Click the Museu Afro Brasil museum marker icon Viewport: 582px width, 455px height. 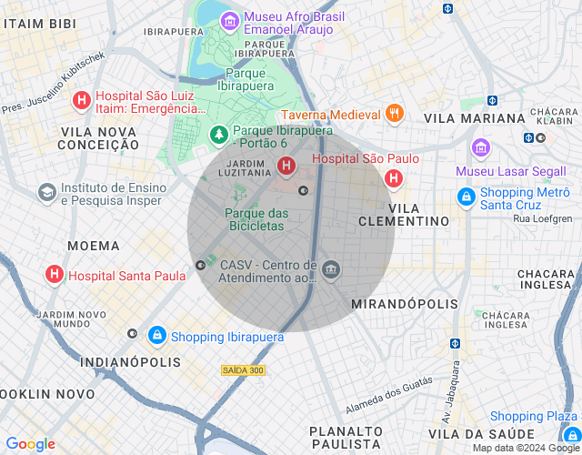[x=229, y=19]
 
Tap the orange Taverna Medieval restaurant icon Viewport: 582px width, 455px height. [x=394, y=114]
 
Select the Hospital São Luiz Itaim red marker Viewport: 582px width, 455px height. [x=81, y=101]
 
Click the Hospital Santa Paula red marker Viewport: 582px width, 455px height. [x=55, y=274]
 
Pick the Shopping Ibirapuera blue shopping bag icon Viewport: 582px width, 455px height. [x=156, y=336]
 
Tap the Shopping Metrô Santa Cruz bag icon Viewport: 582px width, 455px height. [x=467, y=197]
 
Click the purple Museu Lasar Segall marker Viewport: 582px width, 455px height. [x=480, y=147]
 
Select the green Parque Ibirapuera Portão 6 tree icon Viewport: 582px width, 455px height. [x=218, y=136]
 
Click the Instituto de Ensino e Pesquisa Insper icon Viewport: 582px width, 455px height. [x=46, y=193]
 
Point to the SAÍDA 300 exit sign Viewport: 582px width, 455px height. [x=243, y=370]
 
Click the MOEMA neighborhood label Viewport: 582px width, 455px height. [x=94, y=246]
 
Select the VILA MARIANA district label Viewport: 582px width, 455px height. [x=475, y=118]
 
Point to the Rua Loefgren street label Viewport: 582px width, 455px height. [x=543, y=218]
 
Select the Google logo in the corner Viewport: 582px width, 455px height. [x=30, y=444]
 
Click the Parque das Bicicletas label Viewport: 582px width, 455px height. [x=256, y=219]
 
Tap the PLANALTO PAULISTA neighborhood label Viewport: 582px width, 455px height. [x=345, y=437]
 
